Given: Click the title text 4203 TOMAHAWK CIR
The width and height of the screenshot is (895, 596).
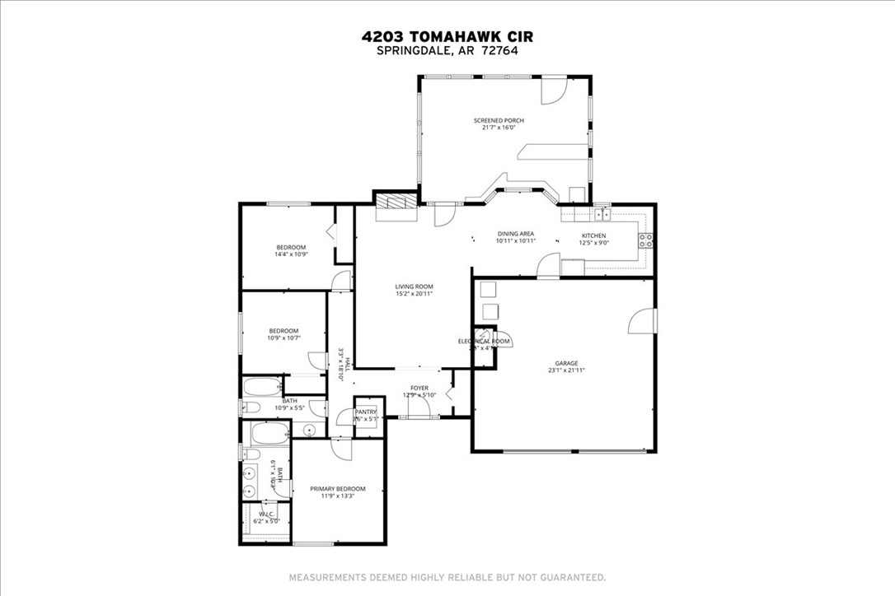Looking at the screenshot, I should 447,36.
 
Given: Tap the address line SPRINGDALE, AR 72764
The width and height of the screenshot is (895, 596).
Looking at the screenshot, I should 447,50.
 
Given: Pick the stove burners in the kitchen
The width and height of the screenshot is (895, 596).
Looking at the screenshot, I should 646,241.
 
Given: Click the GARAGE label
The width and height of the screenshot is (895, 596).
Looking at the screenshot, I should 566,363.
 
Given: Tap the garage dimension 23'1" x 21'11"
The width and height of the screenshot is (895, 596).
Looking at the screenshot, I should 566,370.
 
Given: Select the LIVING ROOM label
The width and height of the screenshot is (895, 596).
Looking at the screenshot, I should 414,286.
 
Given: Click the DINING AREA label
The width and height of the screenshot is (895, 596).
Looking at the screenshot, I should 516,234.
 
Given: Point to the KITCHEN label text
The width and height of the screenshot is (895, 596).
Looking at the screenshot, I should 594,235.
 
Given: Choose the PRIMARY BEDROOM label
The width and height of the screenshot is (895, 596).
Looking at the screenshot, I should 337,489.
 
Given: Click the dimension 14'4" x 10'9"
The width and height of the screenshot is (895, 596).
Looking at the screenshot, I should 291,254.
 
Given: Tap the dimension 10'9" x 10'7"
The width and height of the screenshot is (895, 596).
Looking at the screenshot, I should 283,338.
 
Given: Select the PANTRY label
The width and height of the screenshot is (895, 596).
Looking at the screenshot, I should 366,412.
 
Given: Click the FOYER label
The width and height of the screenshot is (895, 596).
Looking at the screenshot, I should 419,388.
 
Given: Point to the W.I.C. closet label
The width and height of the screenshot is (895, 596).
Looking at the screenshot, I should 266,514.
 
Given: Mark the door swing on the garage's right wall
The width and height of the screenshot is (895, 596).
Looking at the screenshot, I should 640,321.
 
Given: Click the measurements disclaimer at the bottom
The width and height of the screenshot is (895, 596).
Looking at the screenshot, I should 447,577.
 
